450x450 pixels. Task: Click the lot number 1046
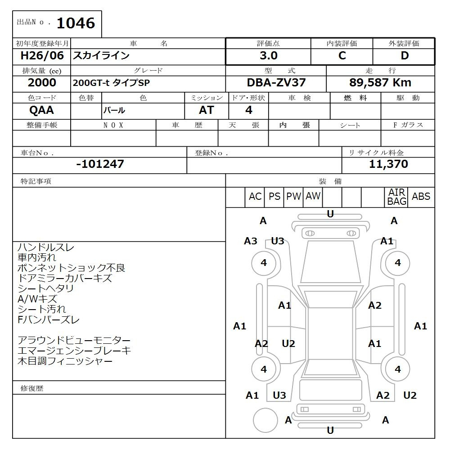click(76, 23)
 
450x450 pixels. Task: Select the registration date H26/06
click(42, 55)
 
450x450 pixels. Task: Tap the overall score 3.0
click(268, 55)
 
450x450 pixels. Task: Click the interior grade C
click(342, 55)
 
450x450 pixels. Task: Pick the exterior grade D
click(405, 55)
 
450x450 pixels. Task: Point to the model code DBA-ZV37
click(276, 83)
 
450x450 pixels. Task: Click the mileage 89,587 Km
click(380, 83)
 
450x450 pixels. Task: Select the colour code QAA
click(41, 110)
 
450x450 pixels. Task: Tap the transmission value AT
click(207, 110)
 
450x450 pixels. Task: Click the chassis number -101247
click(100, 164)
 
